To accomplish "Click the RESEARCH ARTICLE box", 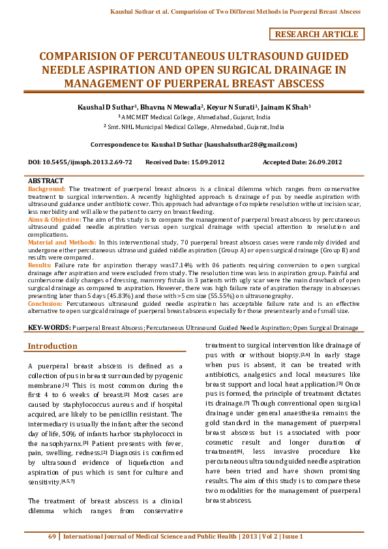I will (x=318, y=35).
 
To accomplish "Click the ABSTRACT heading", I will (x=46, y=181).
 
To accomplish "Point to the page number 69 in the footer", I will (x=52, y=536).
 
